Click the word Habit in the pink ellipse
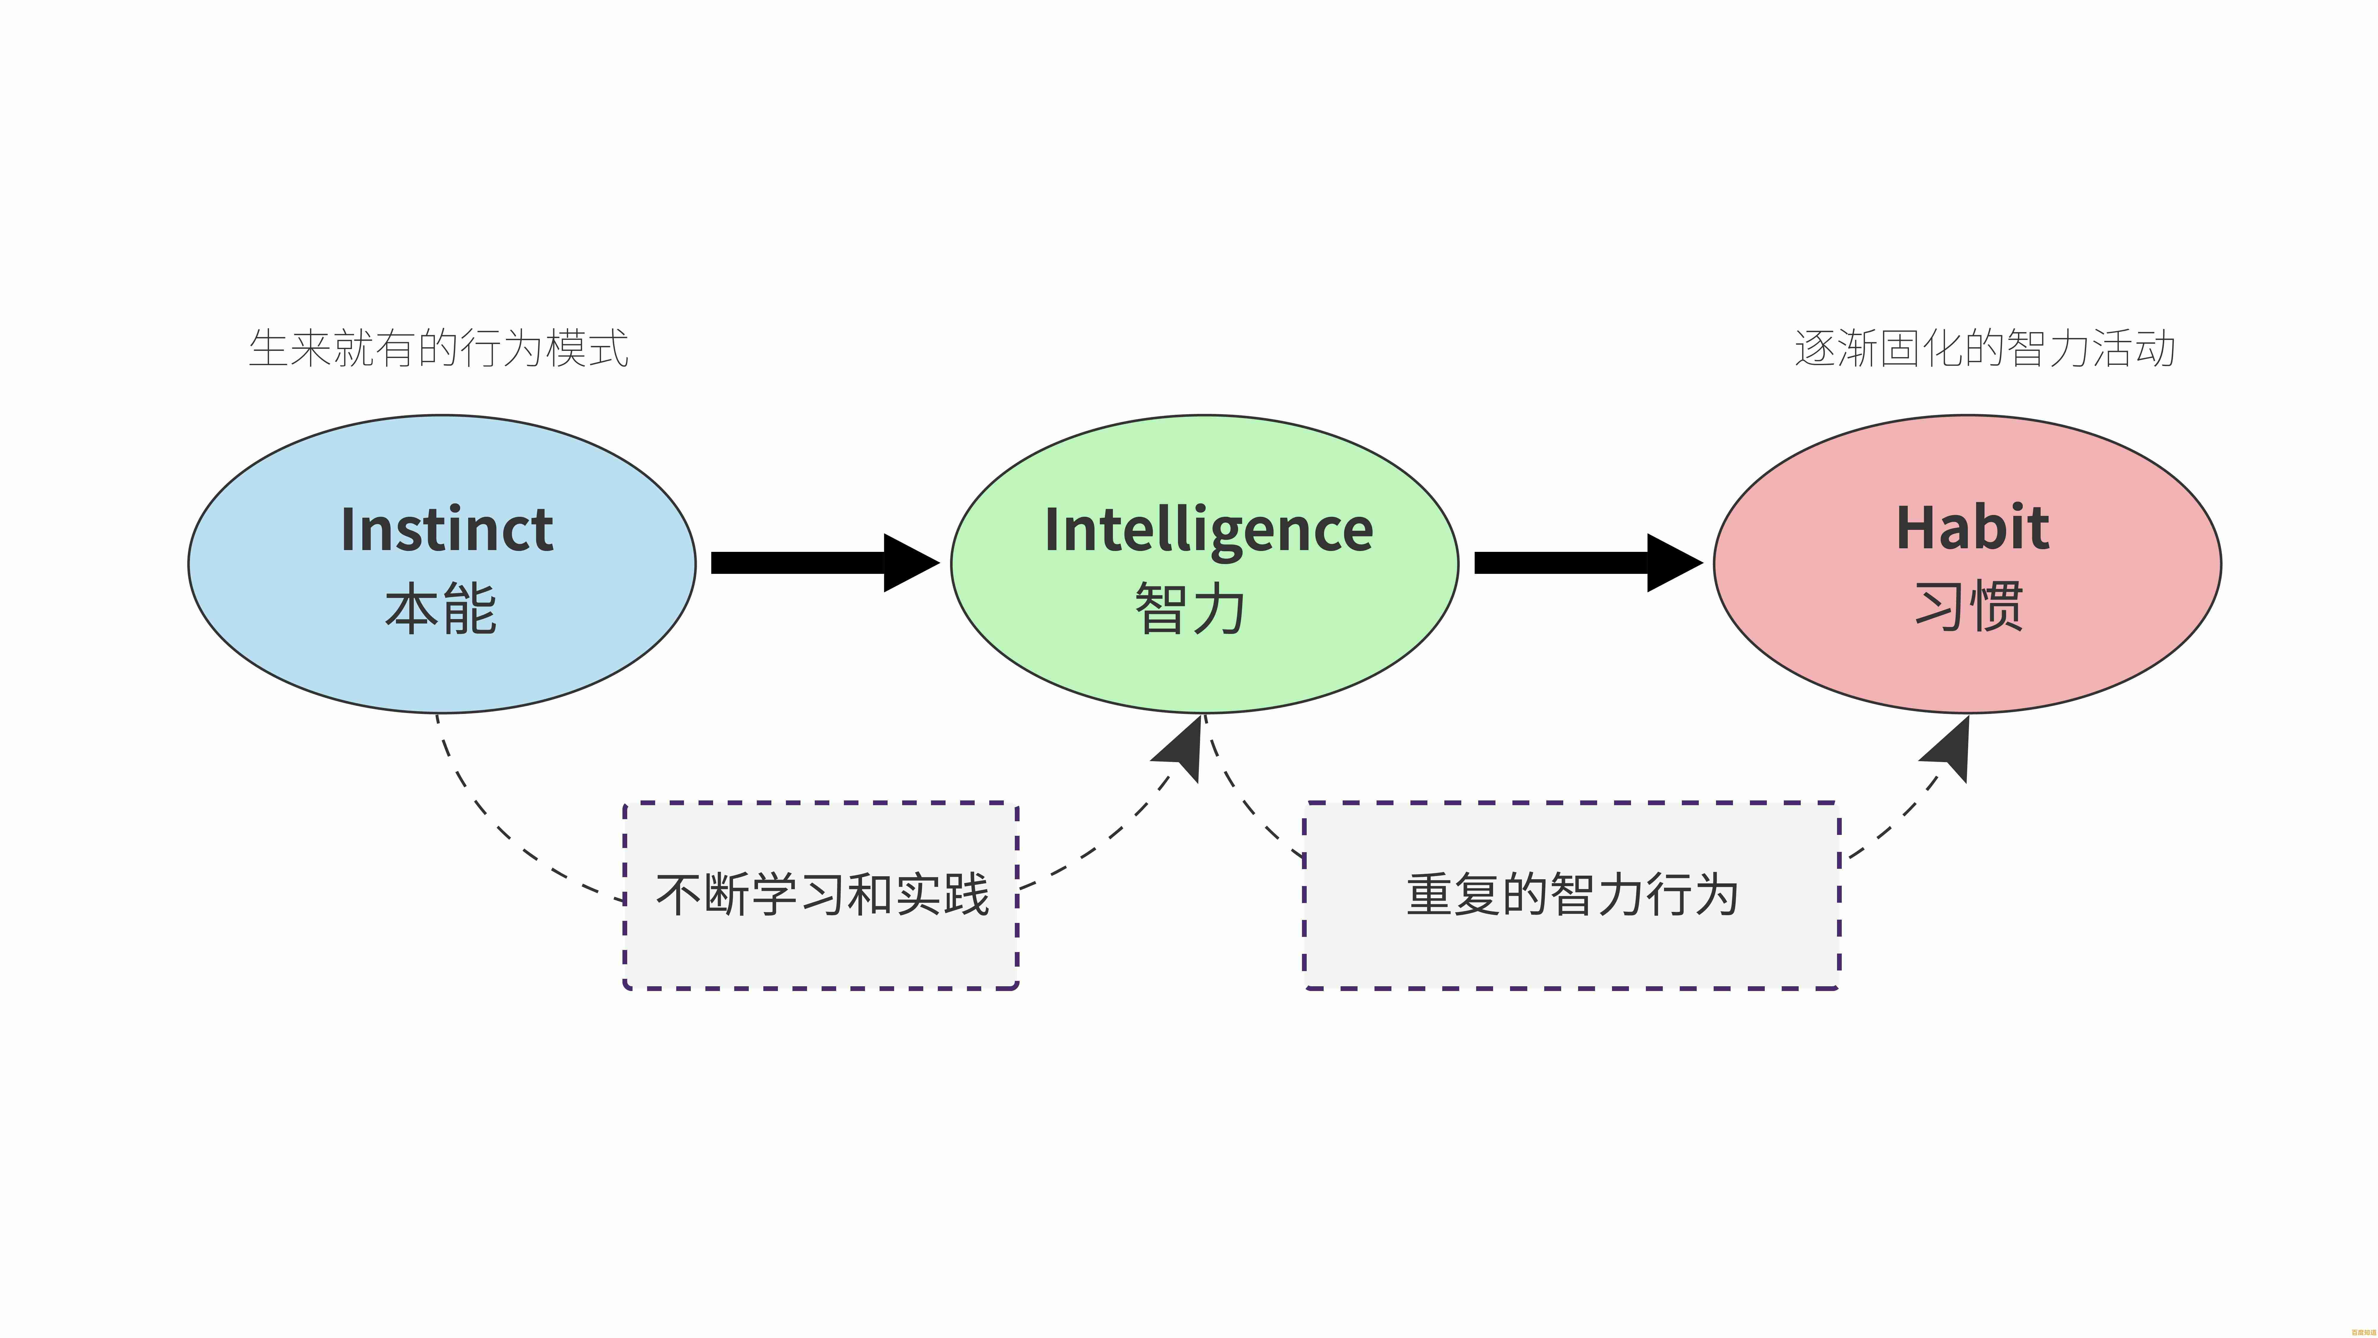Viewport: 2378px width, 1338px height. tap(1973, 528)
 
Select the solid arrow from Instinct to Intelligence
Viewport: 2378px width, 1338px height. tap(803, 562)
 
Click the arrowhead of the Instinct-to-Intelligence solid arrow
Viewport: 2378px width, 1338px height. tap(909, 562)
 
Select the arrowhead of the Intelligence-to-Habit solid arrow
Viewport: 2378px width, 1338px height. tap(1673, 562)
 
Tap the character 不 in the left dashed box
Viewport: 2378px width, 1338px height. tap(679, 894)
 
